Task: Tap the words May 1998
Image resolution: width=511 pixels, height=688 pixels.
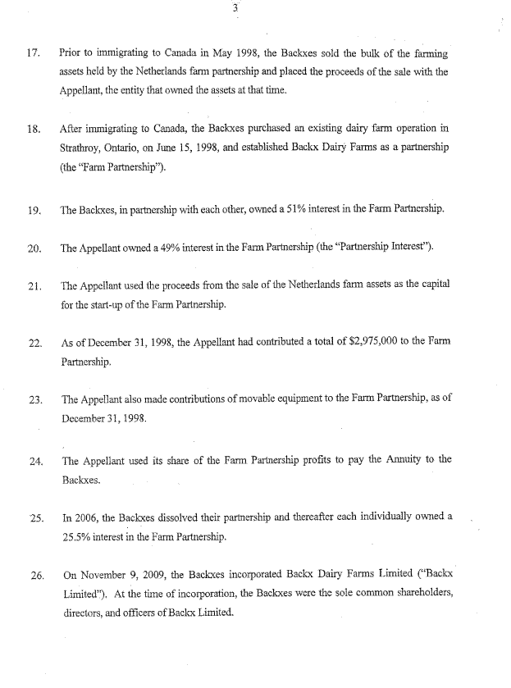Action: pos(227,52)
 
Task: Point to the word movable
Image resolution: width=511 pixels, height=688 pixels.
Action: pos(273,399)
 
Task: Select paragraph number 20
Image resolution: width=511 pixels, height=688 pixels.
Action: pos(34,247)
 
